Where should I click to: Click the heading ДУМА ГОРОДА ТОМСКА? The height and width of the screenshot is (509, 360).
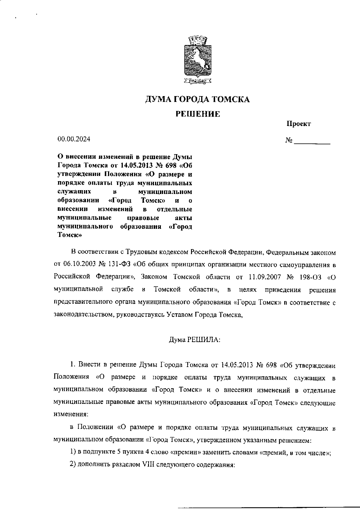point(197,100)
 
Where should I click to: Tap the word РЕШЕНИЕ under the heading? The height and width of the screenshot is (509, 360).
point(198,114)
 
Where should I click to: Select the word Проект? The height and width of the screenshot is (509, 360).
point(299,124)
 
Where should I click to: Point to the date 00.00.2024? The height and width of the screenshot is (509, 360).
point(74,139)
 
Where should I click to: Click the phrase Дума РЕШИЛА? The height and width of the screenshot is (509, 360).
point(195,339)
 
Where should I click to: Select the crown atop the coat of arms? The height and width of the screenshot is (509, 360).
point(197,40)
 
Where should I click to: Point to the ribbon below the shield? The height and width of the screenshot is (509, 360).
point(197,82)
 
